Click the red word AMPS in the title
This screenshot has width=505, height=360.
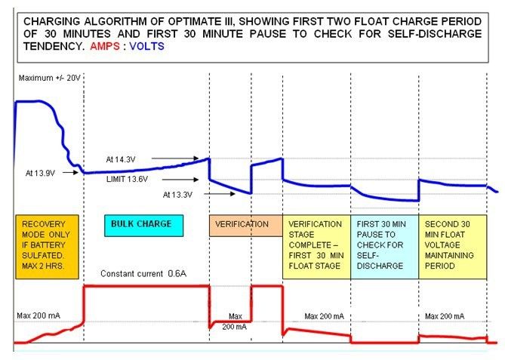105,46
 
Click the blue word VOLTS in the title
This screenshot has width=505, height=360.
147,46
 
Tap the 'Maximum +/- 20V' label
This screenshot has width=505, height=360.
50,78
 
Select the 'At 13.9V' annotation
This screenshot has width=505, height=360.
40,174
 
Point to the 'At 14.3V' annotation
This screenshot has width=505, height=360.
121,159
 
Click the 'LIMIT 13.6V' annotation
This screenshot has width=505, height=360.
128,179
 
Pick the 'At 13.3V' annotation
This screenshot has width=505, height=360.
178,195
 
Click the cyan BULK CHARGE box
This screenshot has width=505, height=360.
144,226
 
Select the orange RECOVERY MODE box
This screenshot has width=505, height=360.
47,247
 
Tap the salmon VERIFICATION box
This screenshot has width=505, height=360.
246,226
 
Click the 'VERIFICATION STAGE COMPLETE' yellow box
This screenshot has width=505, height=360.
316,247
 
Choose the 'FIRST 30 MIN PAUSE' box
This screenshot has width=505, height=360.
384,247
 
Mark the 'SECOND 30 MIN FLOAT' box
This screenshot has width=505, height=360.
452,247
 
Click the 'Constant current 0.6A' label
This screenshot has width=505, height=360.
143,274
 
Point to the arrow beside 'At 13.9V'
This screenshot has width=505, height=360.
70,173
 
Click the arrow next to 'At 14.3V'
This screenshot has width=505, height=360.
175,158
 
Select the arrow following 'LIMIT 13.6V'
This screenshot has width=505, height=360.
180,180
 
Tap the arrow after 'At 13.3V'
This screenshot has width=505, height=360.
220,194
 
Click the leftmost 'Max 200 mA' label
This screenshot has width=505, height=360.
38,315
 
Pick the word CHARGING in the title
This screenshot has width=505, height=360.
51,22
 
